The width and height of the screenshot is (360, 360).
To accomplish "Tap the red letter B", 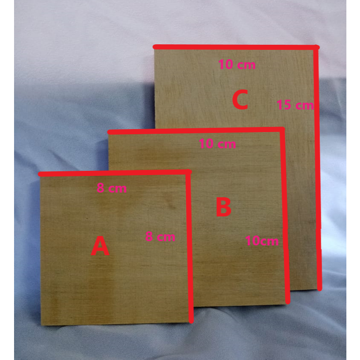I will click(x=224, y=207).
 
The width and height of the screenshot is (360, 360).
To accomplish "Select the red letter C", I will click(x=240, y=101).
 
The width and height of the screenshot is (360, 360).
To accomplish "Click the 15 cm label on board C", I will click(x=295, y=104).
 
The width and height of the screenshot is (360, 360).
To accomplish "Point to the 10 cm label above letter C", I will click(x=237, y=65).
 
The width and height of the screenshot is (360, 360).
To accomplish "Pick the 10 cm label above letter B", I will click(x=217, y=144).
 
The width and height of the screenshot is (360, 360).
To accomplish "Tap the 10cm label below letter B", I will click(x=262, y=241).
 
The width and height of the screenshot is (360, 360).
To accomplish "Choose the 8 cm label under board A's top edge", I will click(x=112, y=188).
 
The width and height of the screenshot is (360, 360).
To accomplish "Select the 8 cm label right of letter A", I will click(x=160, y=236).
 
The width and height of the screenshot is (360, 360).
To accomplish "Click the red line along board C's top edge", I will click(x=234, y=47).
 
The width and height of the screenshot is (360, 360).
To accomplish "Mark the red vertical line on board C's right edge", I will click(x=318, y=170).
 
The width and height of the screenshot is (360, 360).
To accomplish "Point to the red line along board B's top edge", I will click(x=196, y=130).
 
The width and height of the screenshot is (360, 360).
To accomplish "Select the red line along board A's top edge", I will click(x=115, y=173).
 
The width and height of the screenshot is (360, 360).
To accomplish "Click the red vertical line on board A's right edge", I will click(x=190, y=247).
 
